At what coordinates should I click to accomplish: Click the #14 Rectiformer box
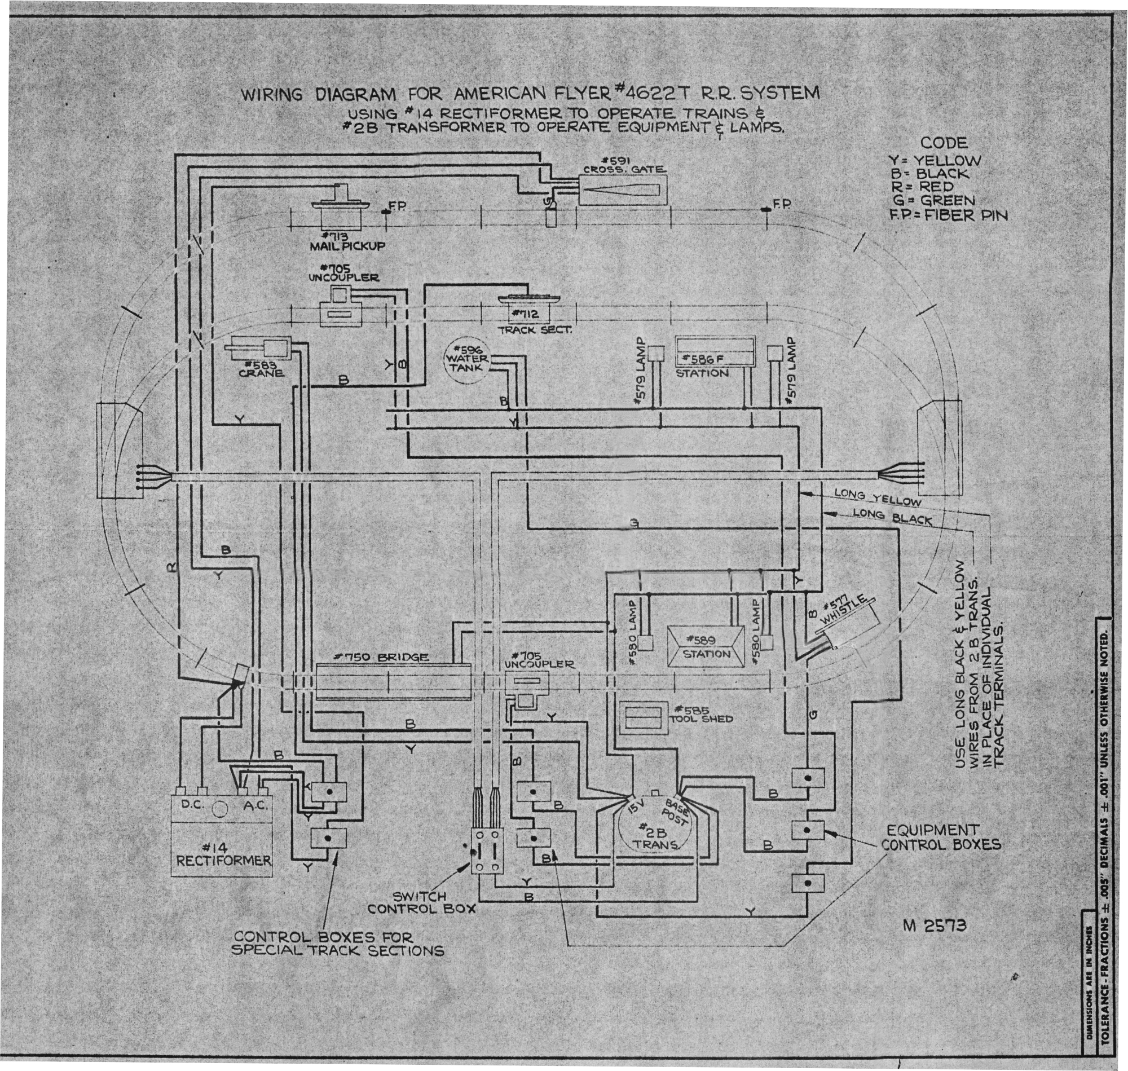(222, 837)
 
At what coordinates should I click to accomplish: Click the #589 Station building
(707, 646)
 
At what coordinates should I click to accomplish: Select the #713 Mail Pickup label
(347, 241)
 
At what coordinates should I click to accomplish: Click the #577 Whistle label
(844, 612)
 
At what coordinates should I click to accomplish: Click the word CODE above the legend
(944, 143)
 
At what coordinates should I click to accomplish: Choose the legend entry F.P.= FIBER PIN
(947, 215)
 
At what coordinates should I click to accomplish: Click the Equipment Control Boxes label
(941, 837)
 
